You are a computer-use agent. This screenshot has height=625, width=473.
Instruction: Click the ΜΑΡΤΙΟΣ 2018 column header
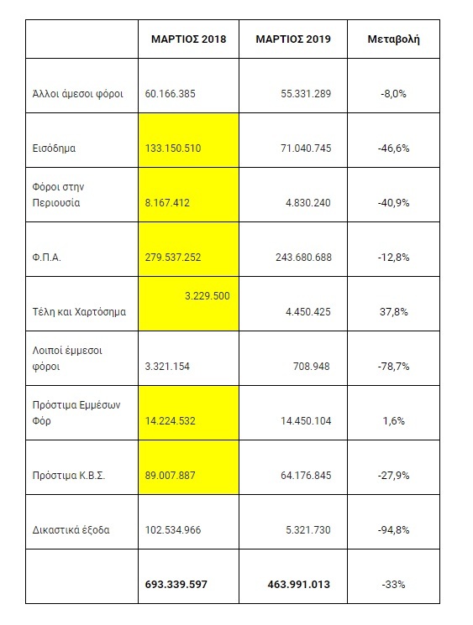tap(189, 39)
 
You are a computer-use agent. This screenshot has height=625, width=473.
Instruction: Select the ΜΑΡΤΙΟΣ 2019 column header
tap(293, 39)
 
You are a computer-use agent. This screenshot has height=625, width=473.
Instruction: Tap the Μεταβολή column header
tap(393, 39)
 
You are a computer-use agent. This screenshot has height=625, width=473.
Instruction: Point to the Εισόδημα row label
tap(52, 148)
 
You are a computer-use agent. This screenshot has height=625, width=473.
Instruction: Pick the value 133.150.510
tap(173, 148)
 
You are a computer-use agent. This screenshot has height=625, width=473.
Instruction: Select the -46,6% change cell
tap(393, 148)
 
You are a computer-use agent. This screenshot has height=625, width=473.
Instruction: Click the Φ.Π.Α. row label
tap(45, 258)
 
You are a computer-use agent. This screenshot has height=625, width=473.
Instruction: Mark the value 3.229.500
tap(207, 295)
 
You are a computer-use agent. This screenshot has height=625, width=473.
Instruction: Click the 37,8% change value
tap(393, 312)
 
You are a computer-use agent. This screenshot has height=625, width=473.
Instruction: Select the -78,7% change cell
tap(393, 367)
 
